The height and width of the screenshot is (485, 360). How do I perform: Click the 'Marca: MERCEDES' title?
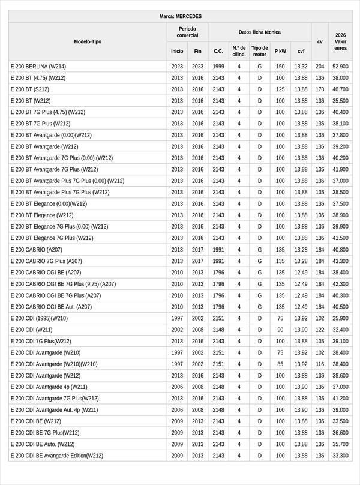tap(181, 16)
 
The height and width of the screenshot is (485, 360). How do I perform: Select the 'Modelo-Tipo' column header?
tap(88, 41)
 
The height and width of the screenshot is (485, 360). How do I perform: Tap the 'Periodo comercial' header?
tap(187, 32)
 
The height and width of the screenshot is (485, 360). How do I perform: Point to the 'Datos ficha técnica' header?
tap(259, 32)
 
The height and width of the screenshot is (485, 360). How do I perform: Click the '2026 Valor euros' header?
tap(340, 41)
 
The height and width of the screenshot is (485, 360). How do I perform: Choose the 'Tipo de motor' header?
tap(259, 51)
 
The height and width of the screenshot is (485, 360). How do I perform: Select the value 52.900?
tap(340, 66)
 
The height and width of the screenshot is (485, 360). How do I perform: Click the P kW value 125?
tap(280, 89)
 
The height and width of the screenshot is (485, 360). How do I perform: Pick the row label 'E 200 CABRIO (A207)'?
tap(36, 249)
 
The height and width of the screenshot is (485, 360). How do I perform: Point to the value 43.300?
tap(340, 261)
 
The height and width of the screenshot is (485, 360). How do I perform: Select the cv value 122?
tap(320, 330)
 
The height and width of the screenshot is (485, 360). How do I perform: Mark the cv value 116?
tap(320, 364)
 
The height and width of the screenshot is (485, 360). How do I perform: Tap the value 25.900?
tap(340, 318)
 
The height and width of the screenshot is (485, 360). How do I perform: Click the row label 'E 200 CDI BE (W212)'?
tap(35, 421)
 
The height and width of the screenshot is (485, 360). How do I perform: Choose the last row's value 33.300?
tap(340, 456)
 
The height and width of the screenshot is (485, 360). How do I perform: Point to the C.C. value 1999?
tap(218, 66)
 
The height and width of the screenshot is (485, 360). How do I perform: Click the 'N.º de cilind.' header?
tap(239, 51)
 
